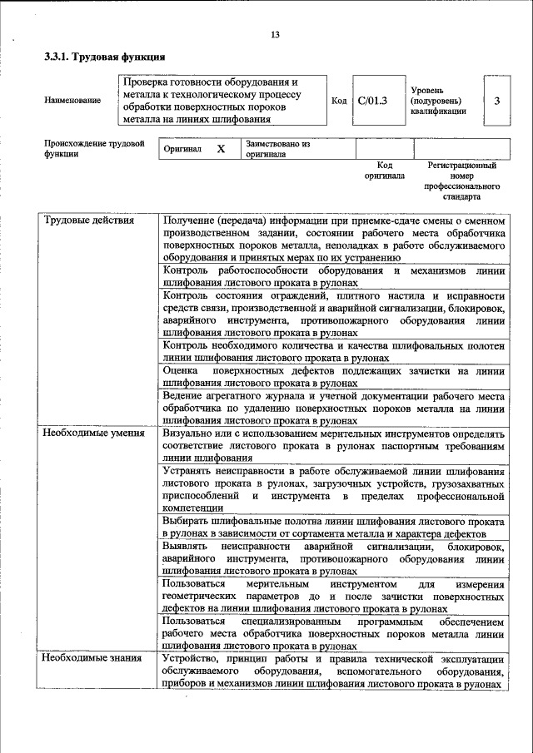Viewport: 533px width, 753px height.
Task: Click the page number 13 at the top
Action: (275, 35)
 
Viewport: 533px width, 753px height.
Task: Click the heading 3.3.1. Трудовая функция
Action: (104, 58)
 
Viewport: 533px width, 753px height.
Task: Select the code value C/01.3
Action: (372, 101)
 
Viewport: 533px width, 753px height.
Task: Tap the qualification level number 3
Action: (497, 101)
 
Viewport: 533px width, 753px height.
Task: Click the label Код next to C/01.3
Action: (339, 101)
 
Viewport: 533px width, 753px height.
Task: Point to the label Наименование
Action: (72, 101)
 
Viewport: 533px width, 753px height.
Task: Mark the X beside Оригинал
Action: (221, 149)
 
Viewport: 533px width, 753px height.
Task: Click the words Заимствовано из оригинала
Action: (277, 149)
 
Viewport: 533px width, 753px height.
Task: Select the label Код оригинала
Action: (384, 171)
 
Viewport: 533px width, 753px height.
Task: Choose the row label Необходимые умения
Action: (90, 433)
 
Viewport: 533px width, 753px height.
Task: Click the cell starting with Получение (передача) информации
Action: (334, 240)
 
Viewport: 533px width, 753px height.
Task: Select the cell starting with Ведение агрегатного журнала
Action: (334, 408)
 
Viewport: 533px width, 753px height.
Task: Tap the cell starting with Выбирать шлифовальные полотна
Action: (334, 527)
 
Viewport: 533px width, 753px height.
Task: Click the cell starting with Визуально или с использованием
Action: (334, 445)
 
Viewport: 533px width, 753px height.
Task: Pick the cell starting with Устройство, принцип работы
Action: (334, 671)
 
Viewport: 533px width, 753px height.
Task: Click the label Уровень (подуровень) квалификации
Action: (438, 101)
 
